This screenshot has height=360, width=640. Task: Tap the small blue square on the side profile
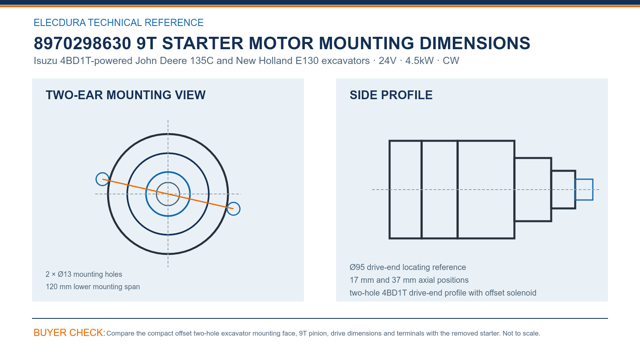584,180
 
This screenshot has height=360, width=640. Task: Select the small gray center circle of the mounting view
168,182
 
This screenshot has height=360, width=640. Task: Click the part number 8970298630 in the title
82,44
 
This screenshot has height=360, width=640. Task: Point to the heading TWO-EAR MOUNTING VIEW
126,95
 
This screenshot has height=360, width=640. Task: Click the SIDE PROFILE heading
391,95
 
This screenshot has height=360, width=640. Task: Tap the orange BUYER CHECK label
70,332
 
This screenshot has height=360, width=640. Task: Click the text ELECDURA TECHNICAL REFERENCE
118,22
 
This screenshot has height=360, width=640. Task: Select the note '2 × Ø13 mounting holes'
84,274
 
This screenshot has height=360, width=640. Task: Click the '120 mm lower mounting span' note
92,286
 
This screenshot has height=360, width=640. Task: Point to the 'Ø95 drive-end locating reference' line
408,267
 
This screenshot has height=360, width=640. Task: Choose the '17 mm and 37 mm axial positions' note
409,280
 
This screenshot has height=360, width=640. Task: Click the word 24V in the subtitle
388,60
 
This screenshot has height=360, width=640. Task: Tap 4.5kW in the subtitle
419,60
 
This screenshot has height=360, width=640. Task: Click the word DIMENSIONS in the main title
474,44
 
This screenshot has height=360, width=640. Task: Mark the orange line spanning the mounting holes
168,194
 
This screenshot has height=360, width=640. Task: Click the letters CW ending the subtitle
451,60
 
